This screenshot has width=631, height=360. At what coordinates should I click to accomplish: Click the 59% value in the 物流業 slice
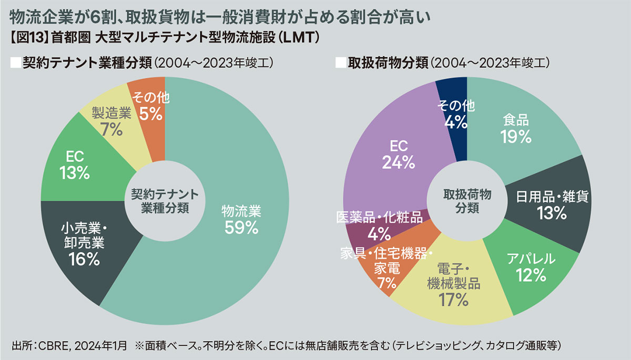coord(241,227)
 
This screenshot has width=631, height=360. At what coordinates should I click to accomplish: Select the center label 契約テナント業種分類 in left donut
coord(165,201)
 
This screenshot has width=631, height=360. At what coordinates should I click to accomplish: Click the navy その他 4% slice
coord(456,113)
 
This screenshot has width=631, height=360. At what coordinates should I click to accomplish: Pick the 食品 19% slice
coord(516,129)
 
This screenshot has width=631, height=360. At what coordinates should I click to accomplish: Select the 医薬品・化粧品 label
coord(379,218)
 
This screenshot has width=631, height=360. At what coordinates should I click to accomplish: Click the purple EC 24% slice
coord(399,155)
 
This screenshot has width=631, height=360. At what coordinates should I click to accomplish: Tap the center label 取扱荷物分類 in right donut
coord(466,201)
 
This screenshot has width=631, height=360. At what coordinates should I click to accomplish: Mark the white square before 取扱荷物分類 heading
coord(340,63)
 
